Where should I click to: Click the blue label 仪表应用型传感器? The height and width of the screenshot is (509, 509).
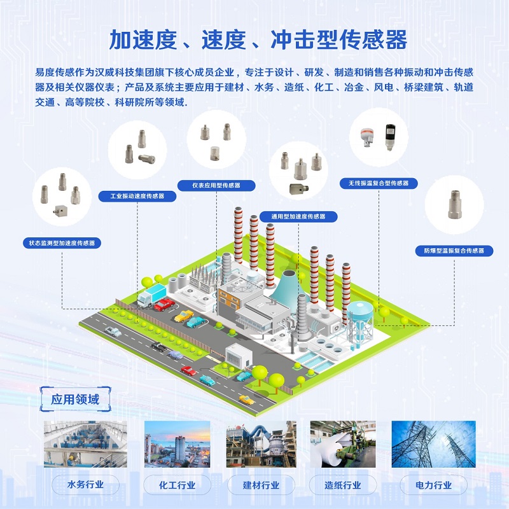(x=216, y=185)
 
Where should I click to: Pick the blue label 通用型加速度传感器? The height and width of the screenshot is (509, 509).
(x=298, y=216)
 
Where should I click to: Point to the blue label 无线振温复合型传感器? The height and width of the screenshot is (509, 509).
(x=378, y=183)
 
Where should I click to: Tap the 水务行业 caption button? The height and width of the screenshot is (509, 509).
(x=85, y=485)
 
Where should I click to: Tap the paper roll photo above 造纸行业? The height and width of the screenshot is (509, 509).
(x=343, y=444)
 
